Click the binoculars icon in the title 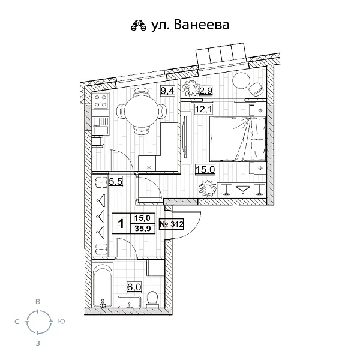pos(139,25)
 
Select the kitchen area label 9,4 pos(167,91)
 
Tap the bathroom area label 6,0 pos(133,287)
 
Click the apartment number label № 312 pos(172,224)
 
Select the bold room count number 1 pos(121,225)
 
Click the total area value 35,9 pos(143,230)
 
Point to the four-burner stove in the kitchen pos(101,100)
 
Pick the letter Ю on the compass pos(61,322)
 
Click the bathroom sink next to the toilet pos(130,301)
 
